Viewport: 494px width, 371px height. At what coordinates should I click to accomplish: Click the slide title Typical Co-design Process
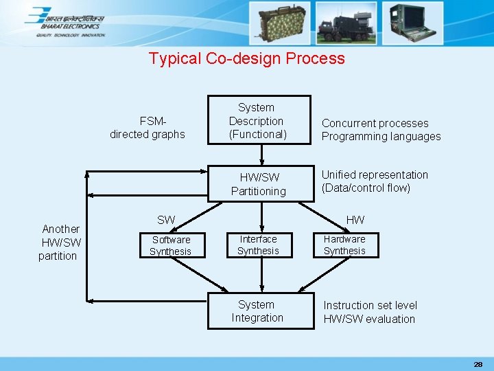pyautogui.click(x=247, y=58)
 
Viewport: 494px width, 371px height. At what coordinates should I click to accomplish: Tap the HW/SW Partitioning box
pyautogui.click(x=259, y=184)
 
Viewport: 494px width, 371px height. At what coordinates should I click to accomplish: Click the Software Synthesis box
pyautogui.click(x=171, y=245)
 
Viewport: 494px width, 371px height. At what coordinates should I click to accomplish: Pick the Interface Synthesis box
pyautogui.click(x=258, y=245)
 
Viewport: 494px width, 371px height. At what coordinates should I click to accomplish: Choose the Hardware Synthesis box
pyautogui.click(x=344, y=245)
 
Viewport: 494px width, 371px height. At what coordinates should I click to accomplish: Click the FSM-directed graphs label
pyautogui.click(x=148, y=128)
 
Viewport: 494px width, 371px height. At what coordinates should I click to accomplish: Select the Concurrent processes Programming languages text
pyautogui.click(x=381, y=130)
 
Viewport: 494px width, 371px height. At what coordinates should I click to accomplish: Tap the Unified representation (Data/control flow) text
pyautogui.click(x=375, y=181)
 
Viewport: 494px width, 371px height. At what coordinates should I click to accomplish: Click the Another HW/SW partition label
pyautogui.click(x=60, y=242)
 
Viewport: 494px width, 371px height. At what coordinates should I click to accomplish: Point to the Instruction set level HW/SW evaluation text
pyautogui.click(x=370, y=312)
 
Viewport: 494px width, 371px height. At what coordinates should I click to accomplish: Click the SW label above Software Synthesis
pyautogui.click(x=166, y=220)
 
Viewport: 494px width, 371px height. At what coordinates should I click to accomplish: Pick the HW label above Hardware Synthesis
pyautogui.click(x=355, y=220)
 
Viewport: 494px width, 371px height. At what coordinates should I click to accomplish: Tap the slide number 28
pyautogui.click(x=478, y=363)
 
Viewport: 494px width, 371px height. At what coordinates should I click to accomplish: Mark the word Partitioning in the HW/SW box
pyautogui.click(x=259, y=191)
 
